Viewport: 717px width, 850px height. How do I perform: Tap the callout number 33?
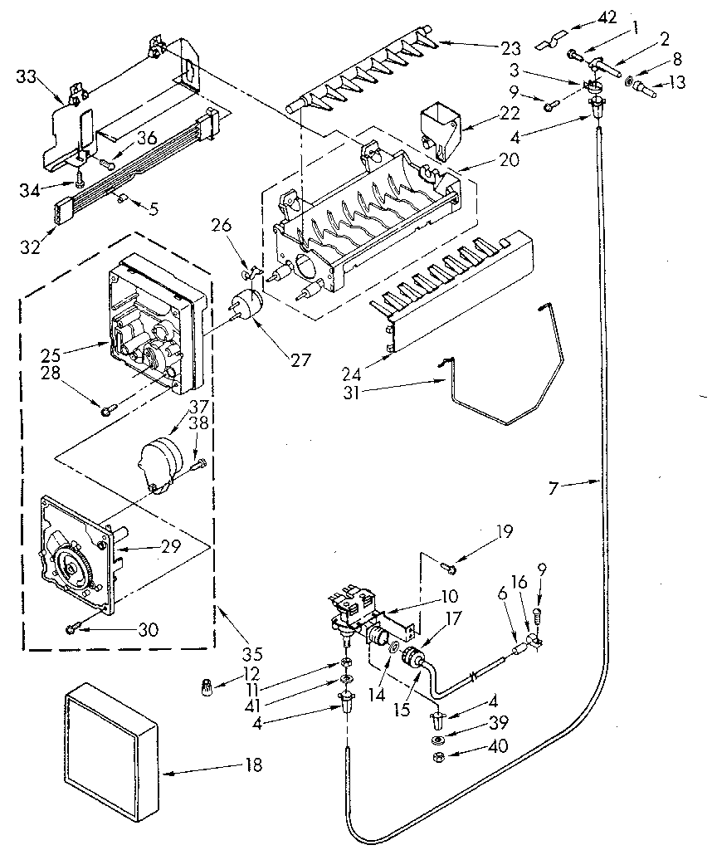[27, 77]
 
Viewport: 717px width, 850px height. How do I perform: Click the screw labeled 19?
[450, 567]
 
